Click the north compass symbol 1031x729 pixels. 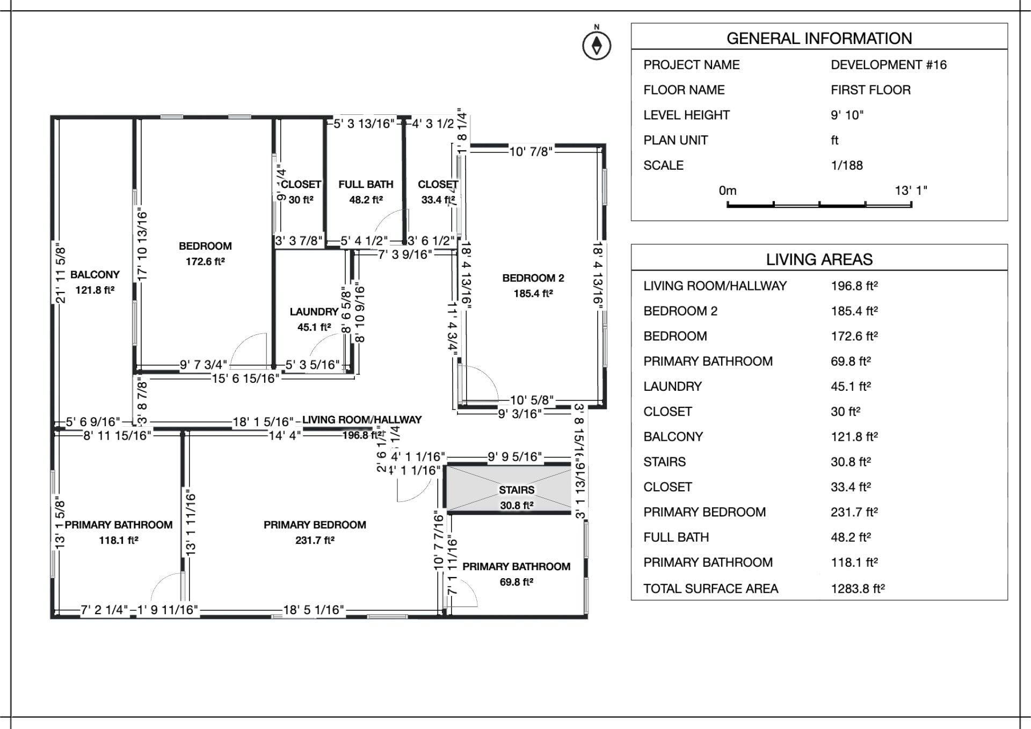597,45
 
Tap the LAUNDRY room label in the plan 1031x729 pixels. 314,312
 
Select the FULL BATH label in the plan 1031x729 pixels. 366,185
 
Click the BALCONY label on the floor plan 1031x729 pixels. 95,275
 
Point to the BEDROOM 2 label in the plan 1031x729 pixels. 533,278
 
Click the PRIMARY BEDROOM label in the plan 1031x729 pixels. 315,525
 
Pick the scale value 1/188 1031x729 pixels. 846,165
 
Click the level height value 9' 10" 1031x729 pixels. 847,115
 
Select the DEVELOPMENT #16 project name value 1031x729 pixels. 888,65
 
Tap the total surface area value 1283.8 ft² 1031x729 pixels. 858,589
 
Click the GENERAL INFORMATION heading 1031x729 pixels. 819,39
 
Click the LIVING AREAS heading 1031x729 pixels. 819,260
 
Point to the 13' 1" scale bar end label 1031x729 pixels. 911,191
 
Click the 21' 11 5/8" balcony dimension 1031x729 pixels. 61,274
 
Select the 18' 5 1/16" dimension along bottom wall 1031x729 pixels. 314,610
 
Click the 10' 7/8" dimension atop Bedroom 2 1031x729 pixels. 531,152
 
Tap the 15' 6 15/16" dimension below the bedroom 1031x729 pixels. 245,379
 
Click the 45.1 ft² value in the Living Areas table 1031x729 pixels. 851,387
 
